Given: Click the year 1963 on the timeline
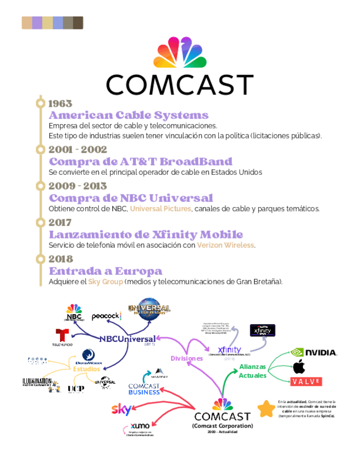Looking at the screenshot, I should [x=60, y=103].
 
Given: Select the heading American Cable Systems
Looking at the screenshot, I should [x=129, y=115].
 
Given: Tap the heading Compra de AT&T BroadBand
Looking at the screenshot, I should [x=140, y=162].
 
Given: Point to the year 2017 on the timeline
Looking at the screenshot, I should [x=60, y=223].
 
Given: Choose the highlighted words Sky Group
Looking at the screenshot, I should [x=106, y=281].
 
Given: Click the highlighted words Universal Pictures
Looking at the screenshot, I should [x=160, y=209].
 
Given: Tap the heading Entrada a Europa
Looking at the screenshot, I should [x=106, y=271].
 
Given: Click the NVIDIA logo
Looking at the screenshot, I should [x=313, y=352].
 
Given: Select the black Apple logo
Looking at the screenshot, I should [x=299, y=367].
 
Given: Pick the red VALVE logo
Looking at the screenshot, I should [x=306, y=381].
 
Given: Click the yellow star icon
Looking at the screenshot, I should [x=267, y=408].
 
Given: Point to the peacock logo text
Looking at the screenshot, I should [x=106, y=316].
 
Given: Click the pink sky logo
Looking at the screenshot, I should [x=121, y=409].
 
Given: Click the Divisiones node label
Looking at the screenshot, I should [x=186, y=358].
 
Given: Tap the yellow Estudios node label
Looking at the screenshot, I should [x=87, y=369].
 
